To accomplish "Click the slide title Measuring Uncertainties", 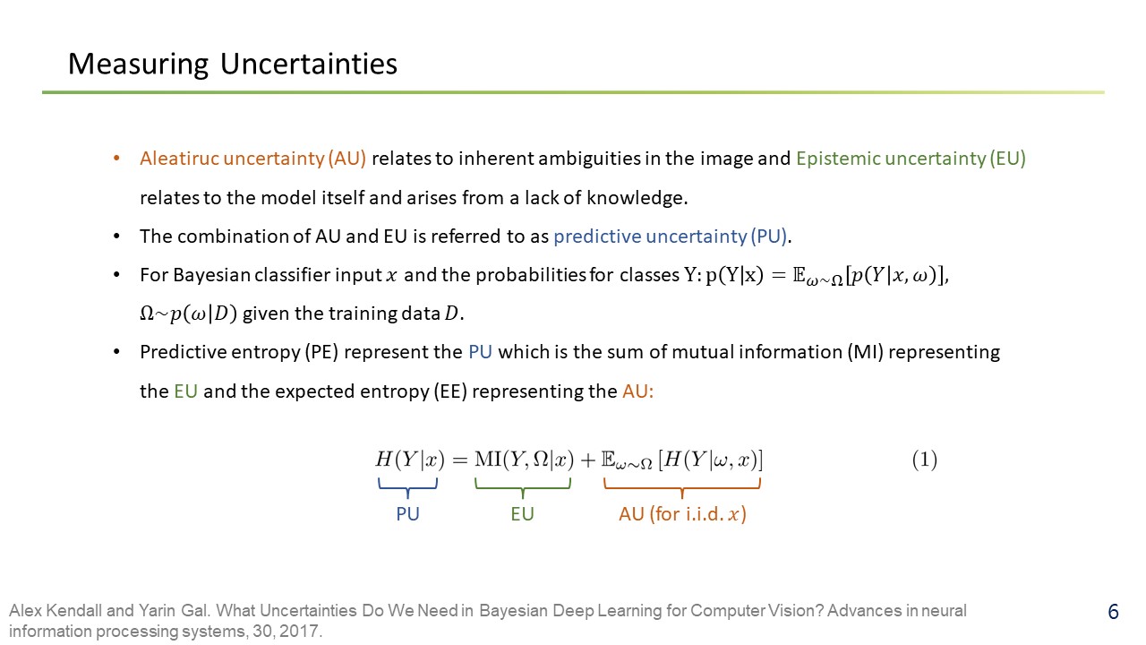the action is click(x=233, y=64).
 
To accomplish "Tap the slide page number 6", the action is click(x=1113, y=612).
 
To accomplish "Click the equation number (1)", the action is click(x=925, y=460).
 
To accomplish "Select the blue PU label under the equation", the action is click(x=407, y=513).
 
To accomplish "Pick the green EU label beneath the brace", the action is click(x=522, y=513).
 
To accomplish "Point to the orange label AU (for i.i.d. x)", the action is click(x=682, y=514).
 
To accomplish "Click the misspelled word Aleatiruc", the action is click(x=180, y=159).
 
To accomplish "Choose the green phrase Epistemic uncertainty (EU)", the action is click(x=911, y=159).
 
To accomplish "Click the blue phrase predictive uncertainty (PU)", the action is click(x=671, y=236).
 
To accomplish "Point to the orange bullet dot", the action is click(x=116, y=159).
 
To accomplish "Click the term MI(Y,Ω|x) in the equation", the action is click(x=525, y=460).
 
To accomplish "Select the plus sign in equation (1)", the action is click(x=588, y=460).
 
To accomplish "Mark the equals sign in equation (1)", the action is click(x=460, y=460).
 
